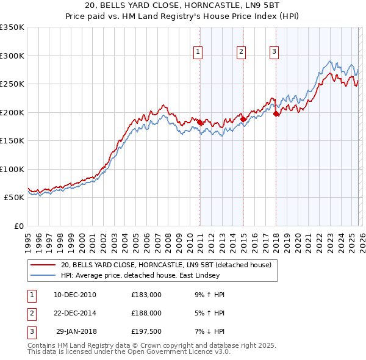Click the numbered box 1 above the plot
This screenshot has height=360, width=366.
pos(199,52)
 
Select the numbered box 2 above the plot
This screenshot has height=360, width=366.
pos(242,52)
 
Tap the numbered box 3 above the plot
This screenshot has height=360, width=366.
pos(274,52)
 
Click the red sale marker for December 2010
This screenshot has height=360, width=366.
pos(199,122)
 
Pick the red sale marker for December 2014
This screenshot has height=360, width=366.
pos(242,119)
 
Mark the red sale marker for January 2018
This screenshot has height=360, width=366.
pos(276,113)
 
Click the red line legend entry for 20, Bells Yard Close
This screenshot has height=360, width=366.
pos(152,265)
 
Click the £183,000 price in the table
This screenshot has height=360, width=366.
pos(146,295)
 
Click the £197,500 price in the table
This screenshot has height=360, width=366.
pos(146,331)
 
